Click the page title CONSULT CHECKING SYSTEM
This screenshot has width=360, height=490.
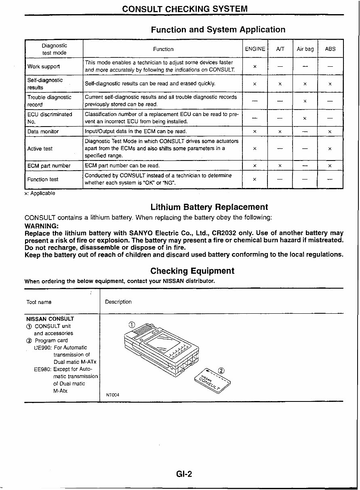click(185, 9)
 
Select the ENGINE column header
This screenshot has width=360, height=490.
click(255, 49)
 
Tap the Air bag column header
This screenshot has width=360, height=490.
click(305, 49)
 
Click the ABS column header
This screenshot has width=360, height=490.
click(330, 49)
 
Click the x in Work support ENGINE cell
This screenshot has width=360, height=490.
click(255, 66)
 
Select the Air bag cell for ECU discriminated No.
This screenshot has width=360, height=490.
click(305, 118)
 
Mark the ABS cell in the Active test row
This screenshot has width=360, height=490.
click(330, 149)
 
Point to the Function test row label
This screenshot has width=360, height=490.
click(43, 180)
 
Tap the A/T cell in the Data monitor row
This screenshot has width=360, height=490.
click(280, 132)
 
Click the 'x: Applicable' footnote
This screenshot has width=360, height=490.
click(40, 193)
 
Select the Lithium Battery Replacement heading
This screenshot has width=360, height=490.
click(209, 207)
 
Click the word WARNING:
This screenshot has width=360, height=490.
click(42, 226)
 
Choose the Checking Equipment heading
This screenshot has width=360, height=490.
click(192, 271)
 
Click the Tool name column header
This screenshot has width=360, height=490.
click(39, 302)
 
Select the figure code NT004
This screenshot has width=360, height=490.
click(113, 395)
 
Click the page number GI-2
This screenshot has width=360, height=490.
click(184, 474)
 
